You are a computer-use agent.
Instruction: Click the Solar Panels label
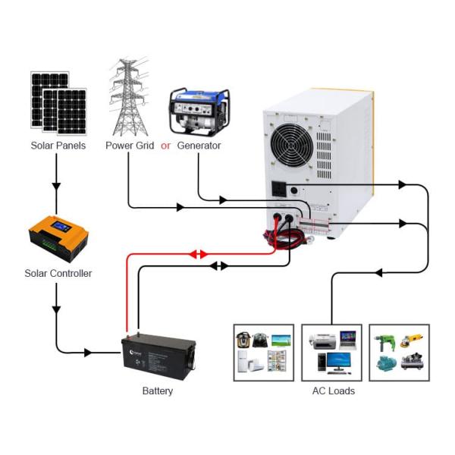[x=58, y=146]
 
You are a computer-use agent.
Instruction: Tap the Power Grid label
[x=129, y=146]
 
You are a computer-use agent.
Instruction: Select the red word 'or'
[x=165, y=146]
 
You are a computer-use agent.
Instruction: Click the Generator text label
[x=199, y=146]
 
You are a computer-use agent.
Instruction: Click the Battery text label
[x=158, y=391]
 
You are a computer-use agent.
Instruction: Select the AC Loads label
[x=333, y=391]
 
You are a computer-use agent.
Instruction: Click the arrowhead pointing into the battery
[x=89, y=353]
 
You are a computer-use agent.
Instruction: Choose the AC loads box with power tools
[x=399, y=353]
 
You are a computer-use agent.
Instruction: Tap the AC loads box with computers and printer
[x=332, y=353]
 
